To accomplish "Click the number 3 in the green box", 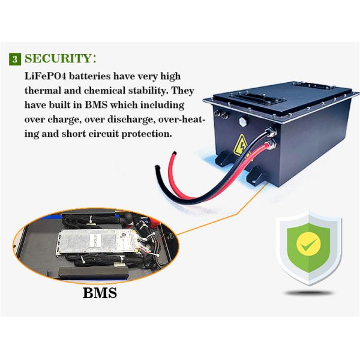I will tap(14, 59).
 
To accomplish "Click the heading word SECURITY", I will tap(59, 59).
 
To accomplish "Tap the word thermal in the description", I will tap(44, 91).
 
